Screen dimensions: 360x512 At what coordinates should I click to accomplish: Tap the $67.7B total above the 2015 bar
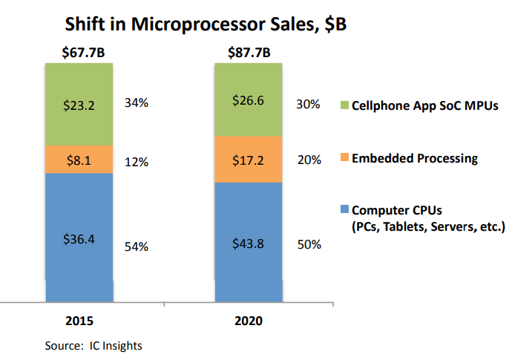(x=79, y=53)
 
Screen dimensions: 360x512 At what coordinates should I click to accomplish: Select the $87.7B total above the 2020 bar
(x=249, y=53)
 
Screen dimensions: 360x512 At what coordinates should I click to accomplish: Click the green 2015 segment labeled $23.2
(x=79, y=104)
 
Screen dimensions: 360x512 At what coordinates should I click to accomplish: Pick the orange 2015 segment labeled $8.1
(x=79, y=159)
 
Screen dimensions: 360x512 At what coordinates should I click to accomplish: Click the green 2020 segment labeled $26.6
(x=249, y=100)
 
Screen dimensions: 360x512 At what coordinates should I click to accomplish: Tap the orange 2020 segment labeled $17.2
(x=249, y=159)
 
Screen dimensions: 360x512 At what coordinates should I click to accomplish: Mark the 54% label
(x=137, y=246)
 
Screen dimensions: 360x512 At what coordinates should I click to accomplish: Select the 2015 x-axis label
(x=79, y=321)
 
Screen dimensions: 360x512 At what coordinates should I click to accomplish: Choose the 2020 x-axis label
(x=249, y=321)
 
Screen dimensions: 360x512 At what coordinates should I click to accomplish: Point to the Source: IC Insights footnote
(x=93, y=345)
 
